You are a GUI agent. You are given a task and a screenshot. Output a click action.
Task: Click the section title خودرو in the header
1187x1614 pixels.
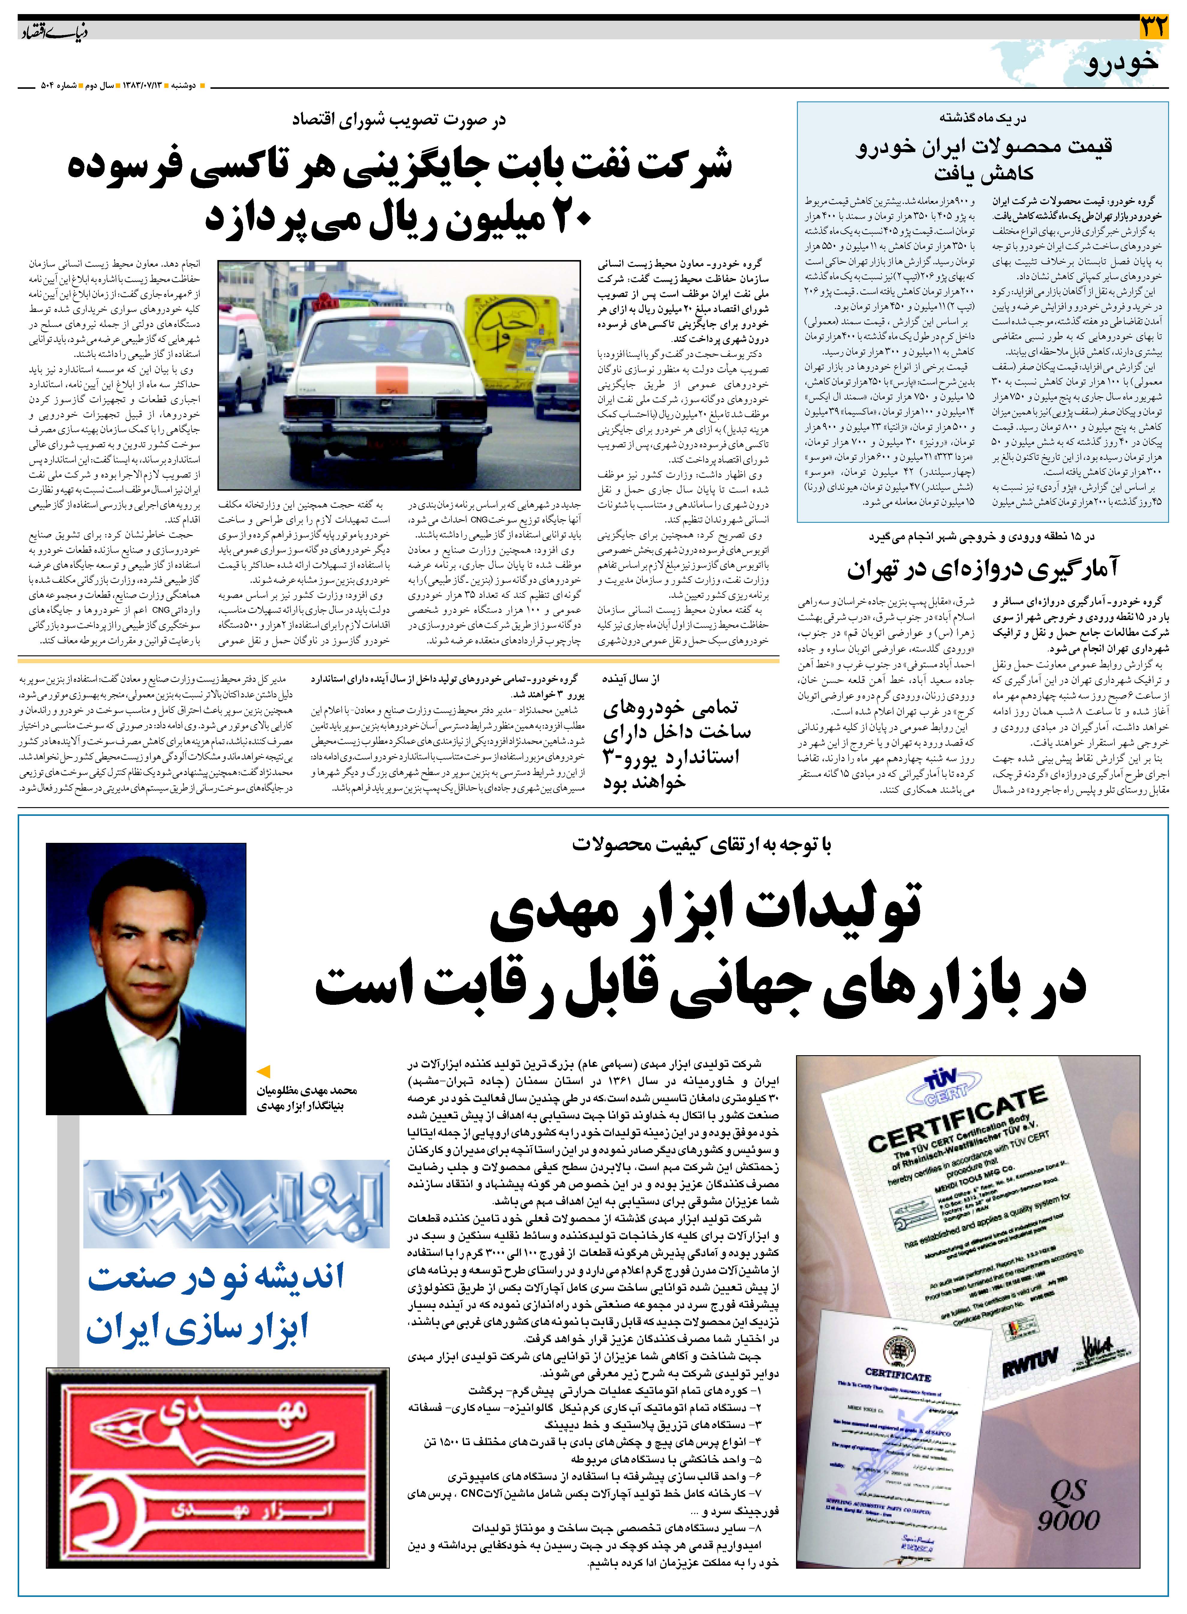coord(1123,62)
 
